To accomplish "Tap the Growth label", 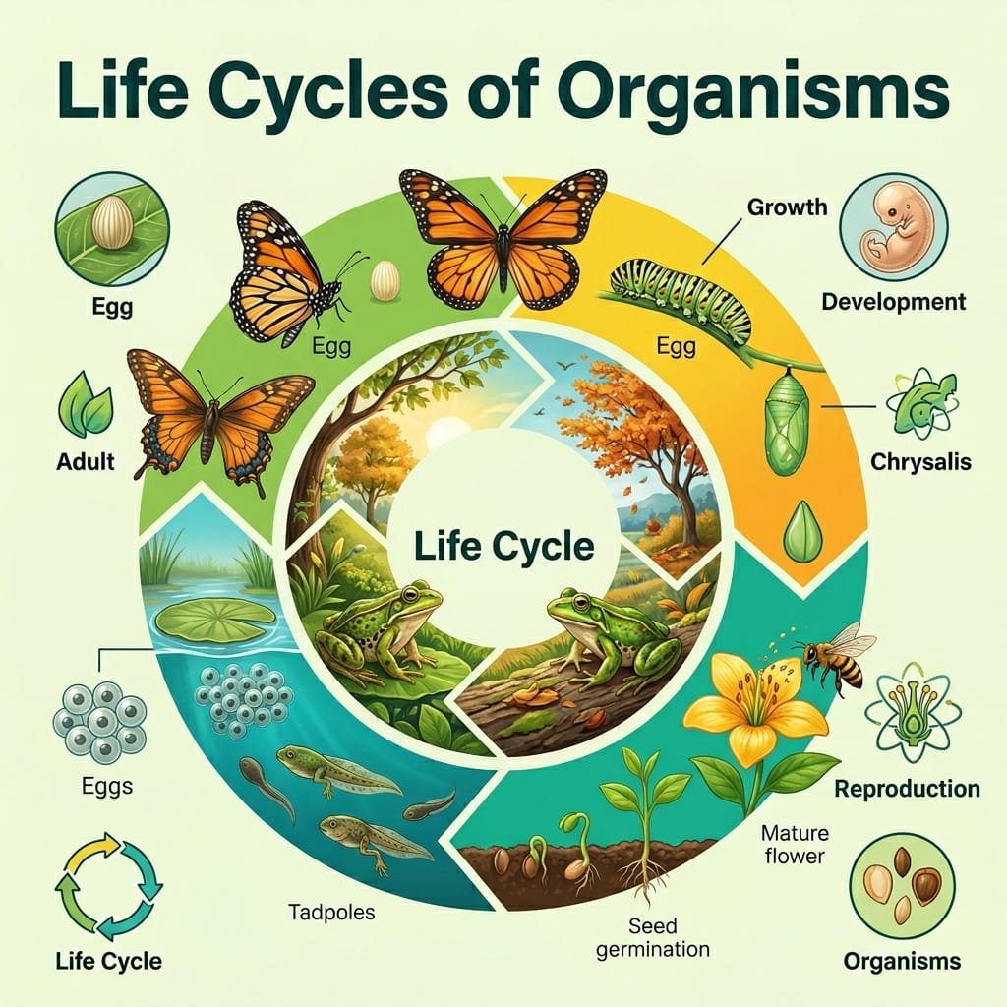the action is (788, 207).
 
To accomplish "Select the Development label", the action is (893, 301).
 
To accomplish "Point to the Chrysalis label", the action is (920, 462).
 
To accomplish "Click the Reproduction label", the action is (907, 789).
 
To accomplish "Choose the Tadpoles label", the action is (331, 912).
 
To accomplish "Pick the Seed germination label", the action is (653, 937).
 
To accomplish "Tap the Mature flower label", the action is (795, 845).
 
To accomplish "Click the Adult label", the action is (86, 462).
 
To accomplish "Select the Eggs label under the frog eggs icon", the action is (107, 786).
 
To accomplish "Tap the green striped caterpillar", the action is (682, 295).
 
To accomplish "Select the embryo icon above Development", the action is (893, 227).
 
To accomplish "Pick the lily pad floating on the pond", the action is (215, 619).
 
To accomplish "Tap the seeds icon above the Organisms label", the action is (902, 888).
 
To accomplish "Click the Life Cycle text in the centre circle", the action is (504, 547).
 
